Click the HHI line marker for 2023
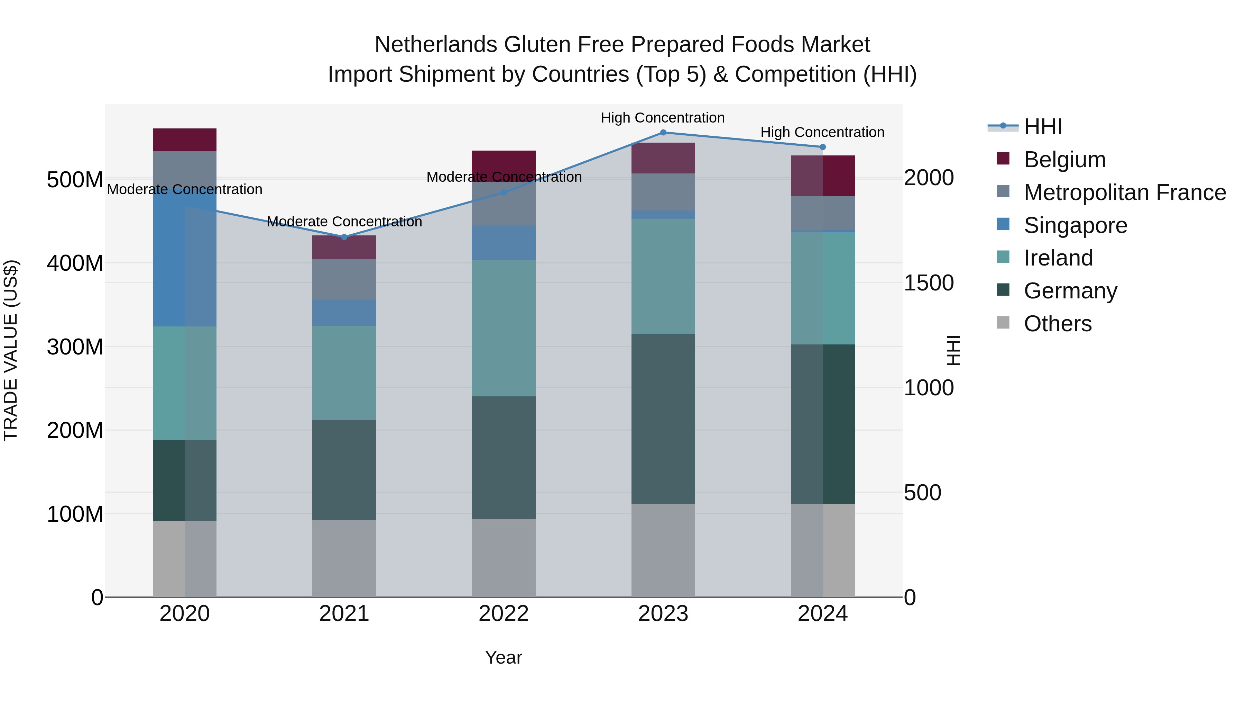point(663,133)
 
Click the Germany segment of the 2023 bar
point(663,419)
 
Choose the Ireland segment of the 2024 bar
point(823,288)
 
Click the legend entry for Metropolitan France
point(1125,192)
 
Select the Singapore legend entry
point(1075,225)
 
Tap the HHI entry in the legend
point(1043,127)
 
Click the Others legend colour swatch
point(1003,323)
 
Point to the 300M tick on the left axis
point(75,347)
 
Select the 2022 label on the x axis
point(504,614)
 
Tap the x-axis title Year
point(504,657)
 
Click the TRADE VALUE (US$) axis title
point(11,350)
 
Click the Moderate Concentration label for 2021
point(344,222)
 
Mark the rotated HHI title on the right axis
point(953,350)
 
